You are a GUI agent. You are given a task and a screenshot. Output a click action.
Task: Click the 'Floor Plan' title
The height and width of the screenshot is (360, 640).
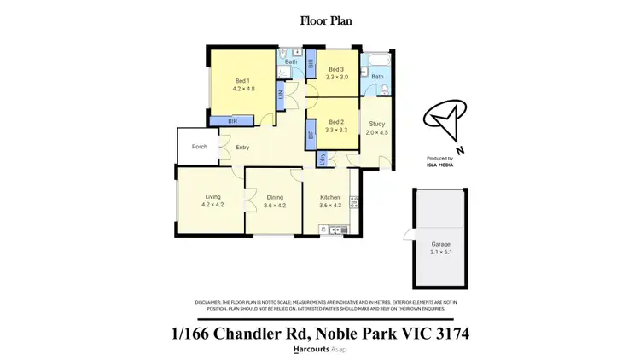(320, 20)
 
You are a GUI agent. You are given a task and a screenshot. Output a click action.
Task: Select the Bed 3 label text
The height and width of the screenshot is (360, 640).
(336, 68)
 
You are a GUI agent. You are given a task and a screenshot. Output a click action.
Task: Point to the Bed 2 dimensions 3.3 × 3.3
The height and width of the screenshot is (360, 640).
(336, 130)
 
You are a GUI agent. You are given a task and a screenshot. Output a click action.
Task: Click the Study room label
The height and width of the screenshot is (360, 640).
(376, 124)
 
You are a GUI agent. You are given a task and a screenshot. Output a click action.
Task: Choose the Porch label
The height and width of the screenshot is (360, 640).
(199, 147)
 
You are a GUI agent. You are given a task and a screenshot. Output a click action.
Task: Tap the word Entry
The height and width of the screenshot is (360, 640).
(243, 147)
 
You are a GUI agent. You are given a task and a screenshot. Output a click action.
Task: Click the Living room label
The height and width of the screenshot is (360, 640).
(212, 197)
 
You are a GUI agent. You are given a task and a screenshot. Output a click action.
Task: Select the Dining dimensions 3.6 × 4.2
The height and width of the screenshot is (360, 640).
(274, 206)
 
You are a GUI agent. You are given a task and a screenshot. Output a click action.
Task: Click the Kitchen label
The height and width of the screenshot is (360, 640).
(329, 197)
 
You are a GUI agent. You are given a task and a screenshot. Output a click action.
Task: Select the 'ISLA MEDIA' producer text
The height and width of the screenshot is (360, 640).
(439, 165)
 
